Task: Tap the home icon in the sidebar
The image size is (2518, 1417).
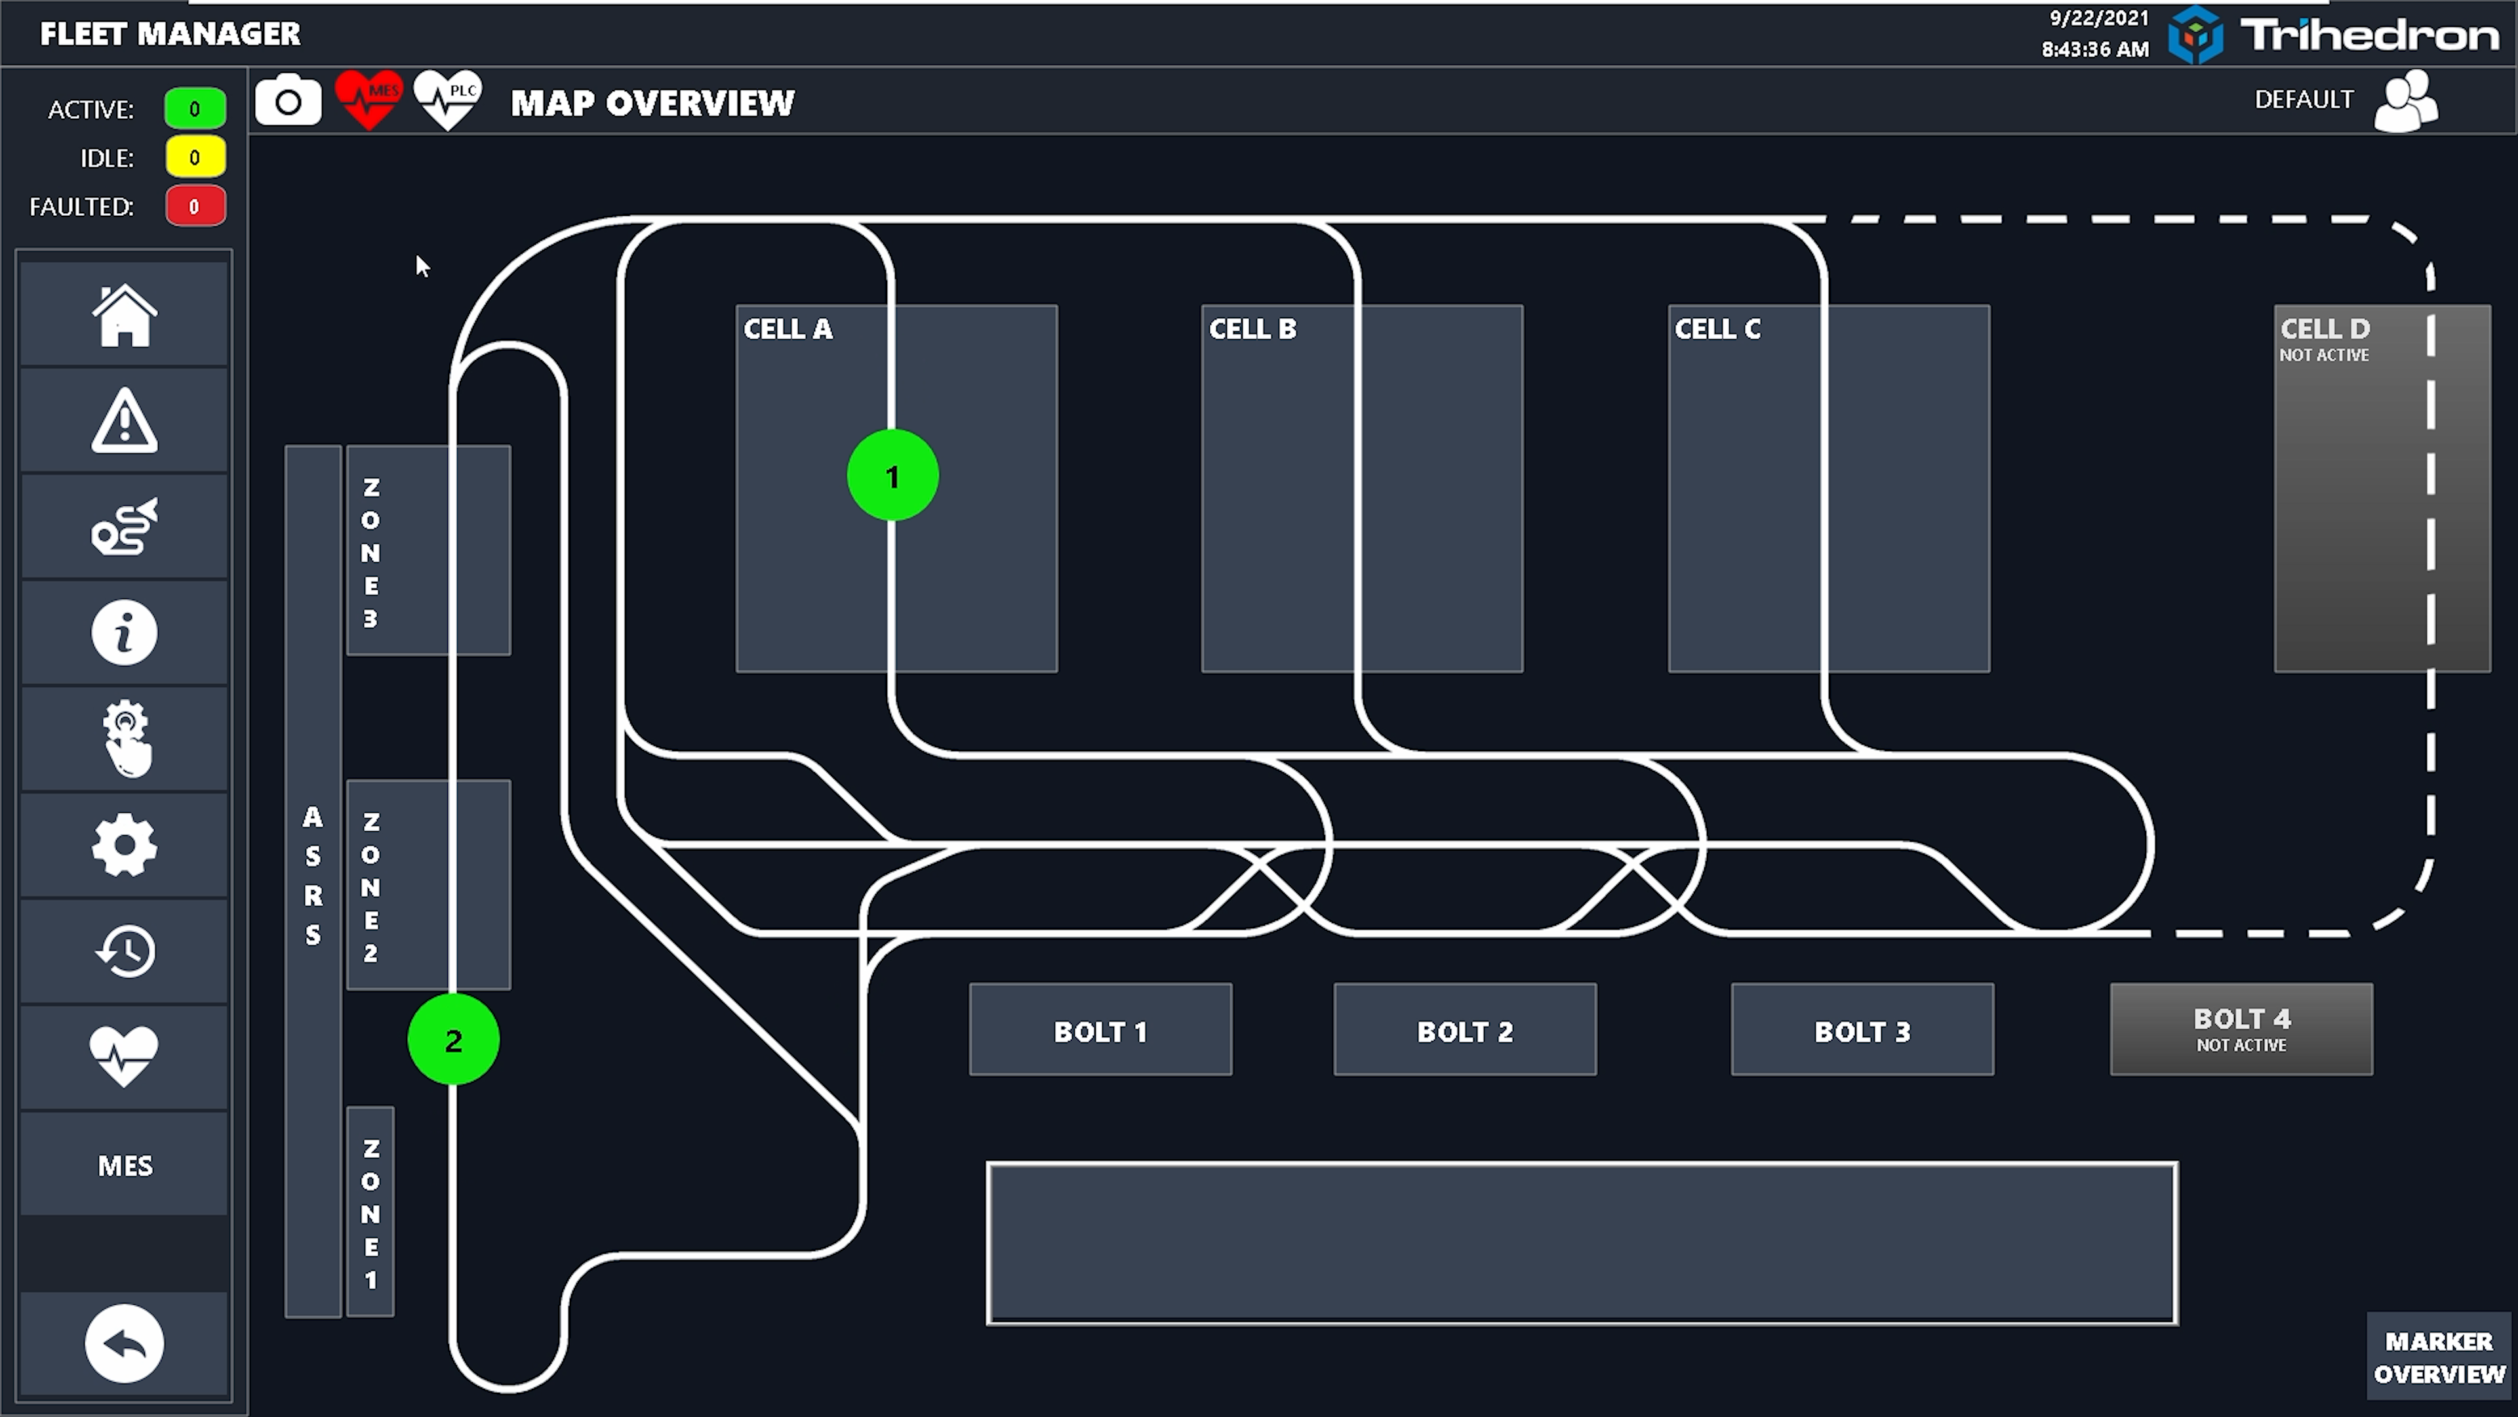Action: (x=124, y=315)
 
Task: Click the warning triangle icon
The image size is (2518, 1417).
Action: (x=124, y=421)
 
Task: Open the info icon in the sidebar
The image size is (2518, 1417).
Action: (x=124, y=632)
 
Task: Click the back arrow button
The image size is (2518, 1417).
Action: (x=124, y=1344)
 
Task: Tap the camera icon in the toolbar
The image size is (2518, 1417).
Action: (x=289, y=101)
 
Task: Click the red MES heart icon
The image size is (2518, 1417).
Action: (x=369, y=100)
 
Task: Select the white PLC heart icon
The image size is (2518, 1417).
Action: (x=448, y=100)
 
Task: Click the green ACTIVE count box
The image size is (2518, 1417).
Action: (x=195, y=108)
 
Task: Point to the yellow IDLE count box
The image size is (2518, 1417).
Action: (x=195, y=157)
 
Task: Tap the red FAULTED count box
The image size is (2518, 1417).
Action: (x=195, y=207)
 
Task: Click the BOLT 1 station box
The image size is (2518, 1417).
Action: (x=1101, y=1030)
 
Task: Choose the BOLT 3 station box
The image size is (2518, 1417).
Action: (x=1862, y=1030)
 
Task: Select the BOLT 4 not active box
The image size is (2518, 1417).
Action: (x=2241, y=1030)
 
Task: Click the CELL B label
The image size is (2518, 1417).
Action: (x=1253, y=329)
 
